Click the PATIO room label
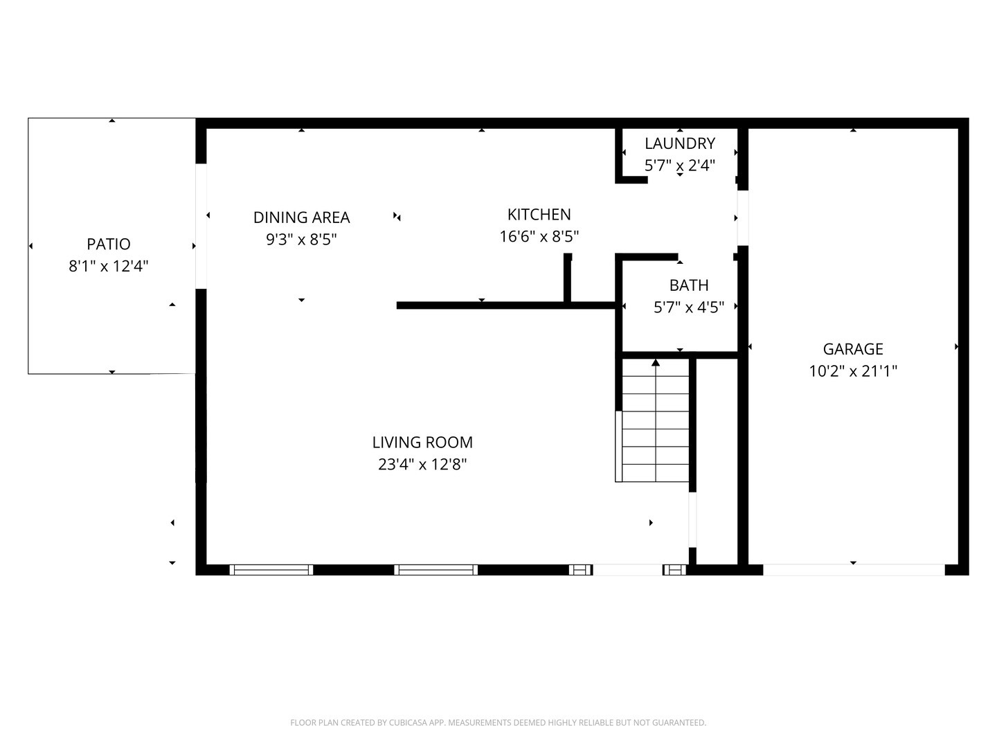point(109,244)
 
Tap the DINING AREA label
point(302,217)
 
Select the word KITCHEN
point(539,215)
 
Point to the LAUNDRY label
point(680,143)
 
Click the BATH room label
point(689,285)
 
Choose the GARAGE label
point(853,349)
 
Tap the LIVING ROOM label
point(422,442)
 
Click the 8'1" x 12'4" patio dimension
point(109,266)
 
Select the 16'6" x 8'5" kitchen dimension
point(539,236)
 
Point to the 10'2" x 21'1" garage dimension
point(853,371)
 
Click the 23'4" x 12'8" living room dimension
point(422,464)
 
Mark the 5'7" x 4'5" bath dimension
point(689,308)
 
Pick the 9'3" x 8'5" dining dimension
point(302,240)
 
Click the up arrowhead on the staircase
point(656,362)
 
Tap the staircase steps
point(656,420)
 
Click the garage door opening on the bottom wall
point(854,569)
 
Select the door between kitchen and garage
point(743,218)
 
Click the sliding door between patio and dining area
point(201,226)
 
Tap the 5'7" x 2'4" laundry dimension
point(680,166)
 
